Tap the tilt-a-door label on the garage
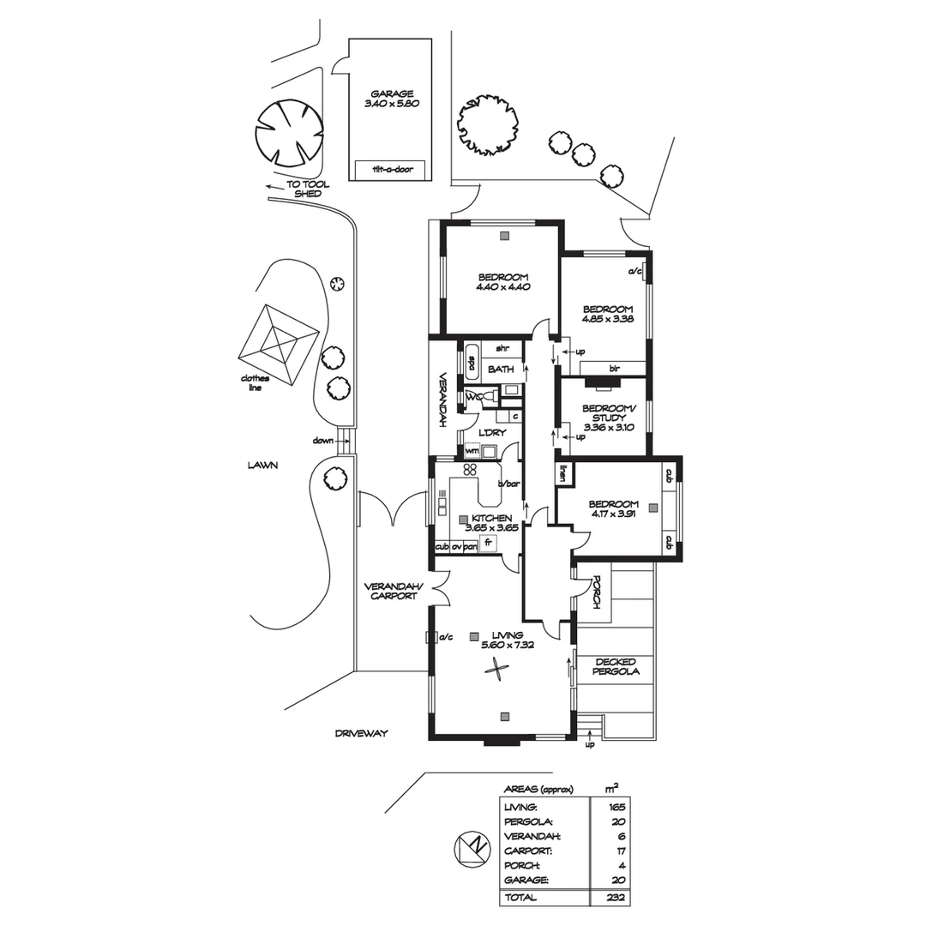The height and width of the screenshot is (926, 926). (393, 170)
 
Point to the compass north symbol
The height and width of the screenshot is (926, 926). (471, 849)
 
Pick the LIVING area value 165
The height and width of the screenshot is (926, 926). (615, 807)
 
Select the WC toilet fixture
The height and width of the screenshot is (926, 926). (485, 397)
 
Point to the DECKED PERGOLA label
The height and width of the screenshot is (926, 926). (615, 666)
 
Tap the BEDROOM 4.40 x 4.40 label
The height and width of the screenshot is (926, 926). (503, 282)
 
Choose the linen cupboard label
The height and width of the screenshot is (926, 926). (564, 472)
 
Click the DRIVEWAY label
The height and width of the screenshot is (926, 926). (361, 734)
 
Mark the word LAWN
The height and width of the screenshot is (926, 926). (264, 466)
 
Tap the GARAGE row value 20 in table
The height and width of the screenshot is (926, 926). (615, 881)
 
